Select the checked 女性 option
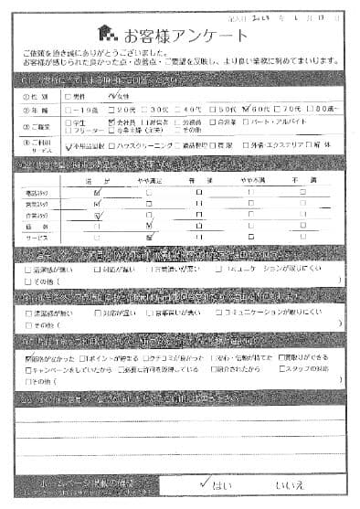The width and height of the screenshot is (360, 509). pos(121,93)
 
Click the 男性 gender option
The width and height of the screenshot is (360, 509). pos(78,93)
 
